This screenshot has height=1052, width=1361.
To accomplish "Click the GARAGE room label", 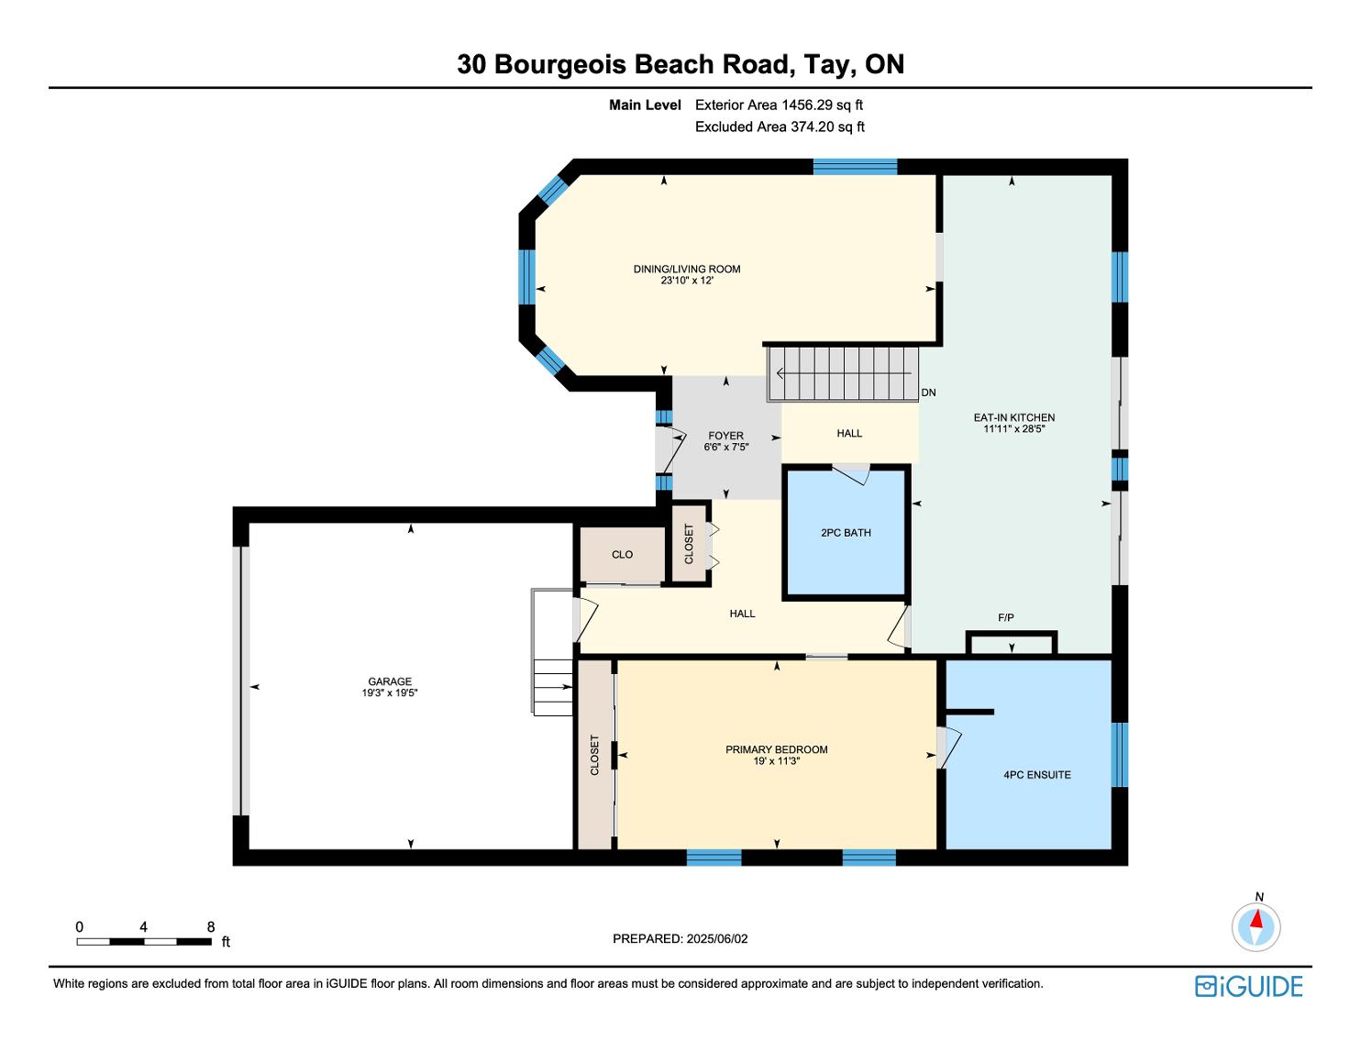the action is pyautogui.click(x=390, y=681).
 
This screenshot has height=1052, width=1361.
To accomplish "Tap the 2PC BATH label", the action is pyautogui.click(x=846, y=533).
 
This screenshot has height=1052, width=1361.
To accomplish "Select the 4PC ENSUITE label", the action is pyautogui.click(x=1036, y=775).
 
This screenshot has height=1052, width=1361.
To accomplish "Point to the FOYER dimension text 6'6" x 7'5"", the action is pyautogui.click(x=726, y=447).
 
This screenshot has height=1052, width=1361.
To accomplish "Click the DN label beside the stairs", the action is pyautogui.click(x=928, y=393).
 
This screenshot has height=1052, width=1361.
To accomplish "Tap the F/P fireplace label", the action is pyautogui.click(x=1006, y=617).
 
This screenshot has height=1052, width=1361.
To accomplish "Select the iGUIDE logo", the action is pyautogui.click(x=1248, y=986).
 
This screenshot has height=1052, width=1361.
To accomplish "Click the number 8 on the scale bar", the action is pyautogui.click(x=210, y=926).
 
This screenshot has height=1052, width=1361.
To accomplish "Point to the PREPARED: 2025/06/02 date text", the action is pyautogui.click(x=680, y=938).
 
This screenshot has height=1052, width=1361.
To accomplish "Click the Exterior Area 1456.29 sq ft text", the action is pyautogui.click(x=779, y=105).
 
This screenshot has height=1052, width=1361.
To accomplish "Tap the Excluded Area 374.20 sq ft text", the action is pyautogui.click(x=780, y=127).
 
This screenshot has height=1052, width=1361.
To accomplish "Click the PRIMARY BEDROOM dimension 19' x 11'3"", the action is pyautogui.click(x=777, y=761).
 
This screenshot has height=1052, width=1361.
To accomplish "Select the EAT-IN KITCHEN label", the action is pyautogui.click(x=1014, y=417).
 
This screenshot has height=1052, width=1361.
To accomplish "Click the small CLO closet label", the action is pyautogui.click(x=622, y=554).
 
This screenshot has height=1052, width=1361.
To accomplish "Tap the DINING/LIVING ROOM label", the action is pyautogui.click(x=687, y=269).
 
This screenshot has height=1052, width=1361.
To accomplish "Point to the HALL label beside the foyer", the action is pyautogui.click(x=849, y=433).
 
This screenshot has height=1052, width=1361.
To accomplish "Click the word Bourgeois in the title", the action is pyautogui.click(x=560, y=64).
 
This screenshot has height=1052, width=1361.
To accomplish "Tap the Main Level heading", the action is pyautogui.click(x=645, y=105).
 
